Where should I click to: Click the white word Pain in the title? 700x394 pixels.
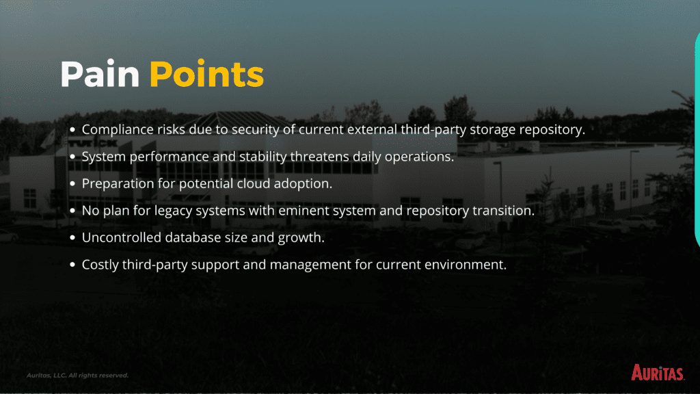pyautogui.click(x=100, y=74)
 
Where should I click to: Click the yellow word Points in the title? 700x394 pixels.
pyautogui.click(x=206, y=74)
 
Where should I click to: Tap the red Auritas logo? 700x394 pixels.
pyautogui.click(x=658, y=373)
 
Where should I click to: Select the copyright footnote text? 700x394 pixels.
pyautogui.click(x=77, y=376)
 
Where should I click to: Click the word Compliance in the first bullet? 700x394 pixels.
pyautogui.click(x=118, y=129)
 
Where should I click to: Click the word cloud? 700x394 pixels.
pyautogui.click(x=254, y=183)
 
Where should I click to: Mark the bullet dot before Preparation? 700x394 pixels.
pyautogui.click(x=72, y=183)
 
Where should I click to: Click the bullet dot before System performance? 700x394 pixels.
pyautogui.click(x=72, y=157)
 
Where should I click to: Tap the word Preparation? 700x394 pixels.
pyautogui.click(x=118, y=183)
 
